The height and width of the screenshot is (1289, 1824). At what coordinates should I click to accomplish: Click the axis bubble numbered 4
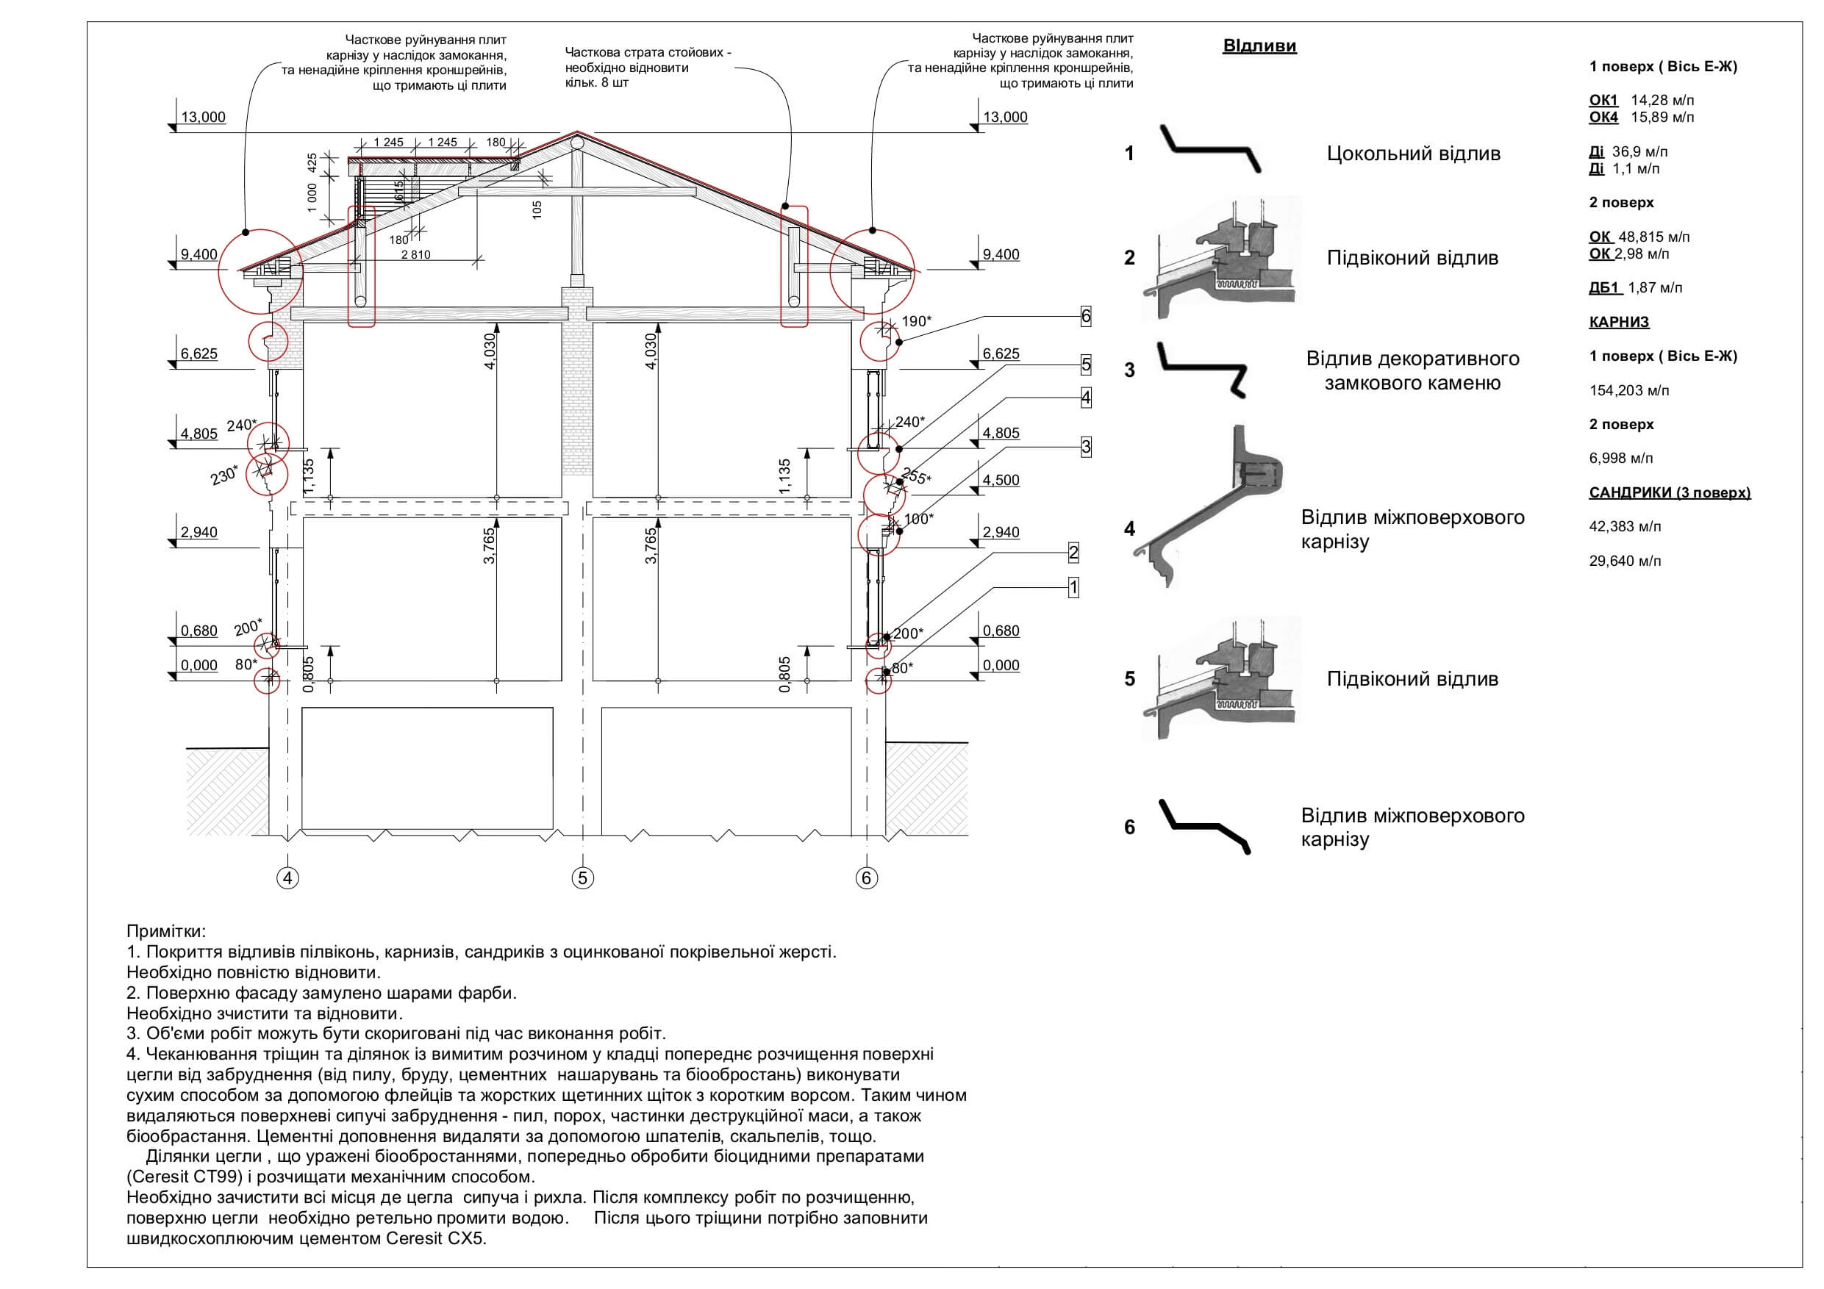point(287,877)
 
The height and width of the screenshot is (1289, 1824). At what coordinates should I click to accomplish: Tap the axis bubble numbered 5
point(582,877)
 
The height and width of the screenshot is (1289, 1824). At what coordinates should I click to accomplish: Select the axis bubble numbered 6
point(866,877)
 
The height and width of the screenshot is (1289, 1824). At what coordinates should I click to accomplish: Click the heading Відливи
point(1259,46)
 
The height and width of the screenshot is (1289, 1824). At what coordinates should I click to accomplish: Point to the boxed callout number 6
point(1086,316)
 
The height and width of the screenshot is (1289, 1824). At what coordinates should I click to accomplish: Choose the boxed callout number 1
point(1073,588)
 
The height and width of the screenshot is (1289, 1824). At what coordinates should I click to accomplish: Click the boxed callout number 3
point(1086,446)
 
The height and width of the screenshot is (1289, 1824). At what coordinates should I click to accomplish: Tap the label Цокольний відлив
point(1413,154)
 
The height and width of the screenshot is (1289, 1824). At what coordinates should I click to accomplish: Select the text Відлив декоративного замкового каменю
point(1412,371)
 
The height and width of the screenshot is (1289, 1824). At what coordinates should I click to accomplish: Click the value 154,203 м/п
point(1628,391)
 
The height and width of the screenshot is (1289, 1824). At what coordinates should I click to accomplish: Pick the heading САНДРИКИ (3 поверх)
point(1669,492)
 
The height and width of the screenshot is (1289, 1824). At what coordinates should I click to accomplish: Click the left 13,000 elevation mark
point(204,118)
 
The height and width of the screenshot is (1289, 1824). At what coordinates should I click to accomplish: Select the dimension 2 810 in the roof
point(415,255)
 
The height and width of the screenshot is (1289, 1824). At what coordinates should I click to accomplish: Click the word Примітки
point(166,931)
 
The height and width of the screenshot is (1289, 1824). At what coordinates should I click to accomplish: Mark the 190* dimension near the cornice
point(917,321)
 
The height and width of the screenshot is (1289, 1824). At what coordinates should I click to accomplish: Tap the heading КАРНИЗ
point(1619,322)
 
